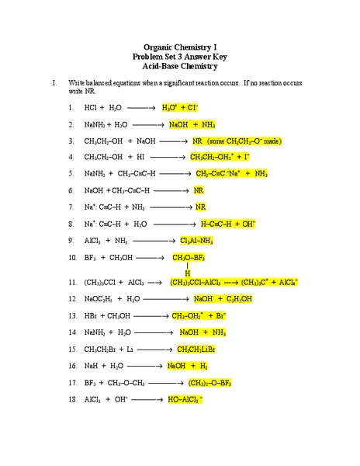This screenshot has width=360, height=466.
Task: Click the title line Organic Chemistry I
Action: coord(179,46)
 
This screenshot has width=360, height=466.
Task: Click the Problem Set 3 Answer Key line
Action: coord(179,56)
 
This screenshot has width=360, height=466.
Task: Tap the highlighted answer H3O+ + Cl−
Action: coord(180,107)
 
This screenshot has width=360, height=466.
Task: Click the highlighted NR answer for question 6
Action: coord(199,190)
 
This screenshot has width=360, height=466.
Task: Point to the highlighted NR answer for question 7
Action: coord(201,207)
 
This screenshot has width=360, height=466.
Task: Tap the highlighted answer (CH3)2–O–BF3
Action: coord(210,383)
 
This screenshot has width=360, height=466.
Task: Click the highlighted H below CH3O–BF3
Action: coord(187,273)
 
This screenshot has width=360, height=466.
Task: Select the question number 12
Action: coord(72,299)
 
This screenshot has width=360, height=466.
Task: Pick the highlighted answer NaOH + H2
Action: coord(188,366)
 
